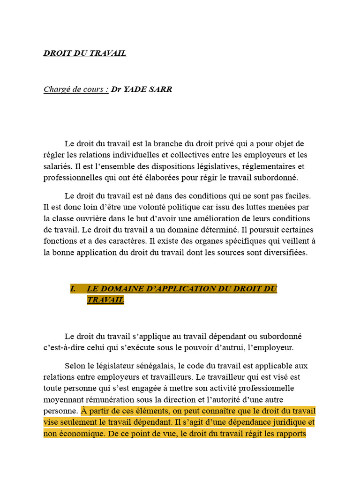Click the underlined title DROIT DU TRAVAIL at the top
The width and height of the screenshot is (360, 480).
click(85, 53)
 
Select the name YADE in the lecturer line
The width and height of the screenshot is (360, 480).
click(136, 89)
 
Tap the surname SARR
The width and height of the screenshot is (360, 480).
click(162, 89)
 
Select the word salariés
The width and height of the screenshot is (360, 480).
click(58, 166)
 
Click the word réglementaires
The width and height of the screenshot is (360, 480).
click(268, 166)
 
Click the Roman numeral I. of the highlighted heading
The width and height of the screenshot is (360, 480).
click(73, 289)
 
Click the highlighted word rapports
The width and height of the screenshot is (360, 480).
click(290, 434)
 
